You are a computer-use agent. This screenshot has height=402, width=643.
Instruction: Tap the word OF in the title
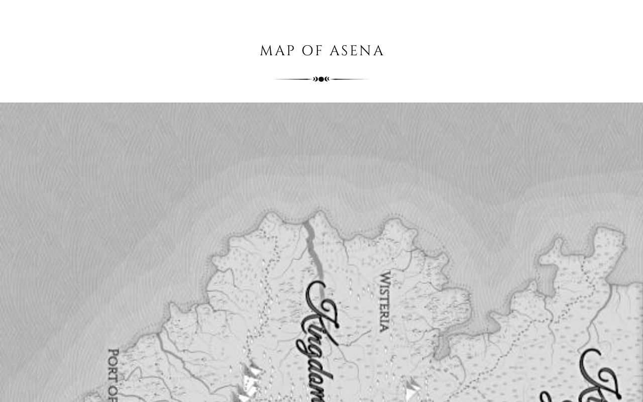pos(312,51)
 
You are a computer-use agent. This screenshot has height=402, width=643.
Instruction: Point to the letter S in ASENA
pos(345,51)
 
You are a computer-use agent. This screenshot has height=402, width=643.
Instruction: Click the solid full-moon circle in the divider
pos(321,79)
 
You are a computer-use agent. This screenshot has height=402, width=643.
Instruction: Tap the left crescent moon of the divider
pos(315,79)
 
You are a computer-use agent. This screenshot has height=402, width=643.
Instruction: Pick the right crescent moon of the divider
pos(328,79)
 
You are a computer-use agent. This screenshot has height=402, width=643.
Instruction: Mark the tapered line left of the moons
pos(294,79)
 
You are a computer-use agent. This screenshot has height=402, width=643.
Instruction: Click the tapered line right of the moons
pos(350,79)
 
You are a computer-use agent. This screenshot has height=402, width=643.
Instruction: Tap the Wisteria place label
pos(384,301)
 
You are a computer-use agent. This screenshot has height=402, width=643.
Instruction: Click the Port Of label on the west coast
pos(113,374)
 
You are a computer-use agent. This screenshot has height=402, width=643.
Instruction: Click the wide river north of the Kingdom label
pos(311,246)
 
